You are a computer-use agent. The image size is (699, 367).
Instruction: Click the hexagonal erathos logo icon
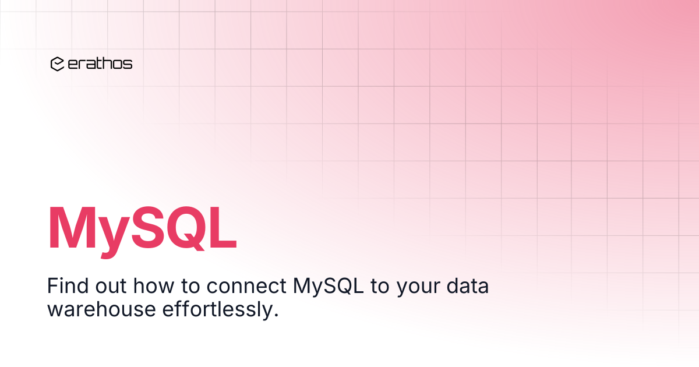click(57, 64)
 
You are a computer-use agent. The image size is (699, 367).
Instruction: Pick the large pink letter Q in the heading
click(190, 229)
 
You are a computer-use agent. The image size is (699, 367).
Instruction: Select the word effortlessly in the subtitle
click(211, 309)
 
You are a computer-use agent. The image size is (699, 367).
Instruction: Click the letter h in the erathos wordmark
click(104, 64)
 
